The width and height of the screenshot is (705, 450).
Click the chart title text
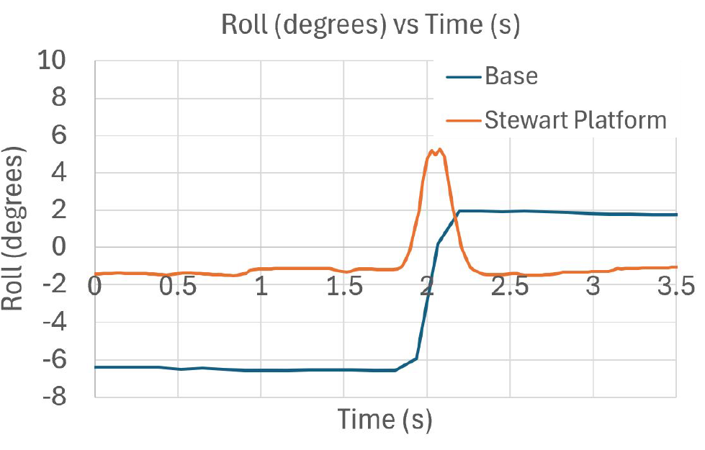[370, 25]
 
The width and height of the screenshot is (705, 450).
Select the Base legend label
[511, 76]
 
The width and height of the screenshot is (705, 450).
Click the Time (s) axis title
[385, 419]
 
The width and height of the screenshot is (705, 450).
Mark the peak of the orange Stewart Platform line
[440, 149]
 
